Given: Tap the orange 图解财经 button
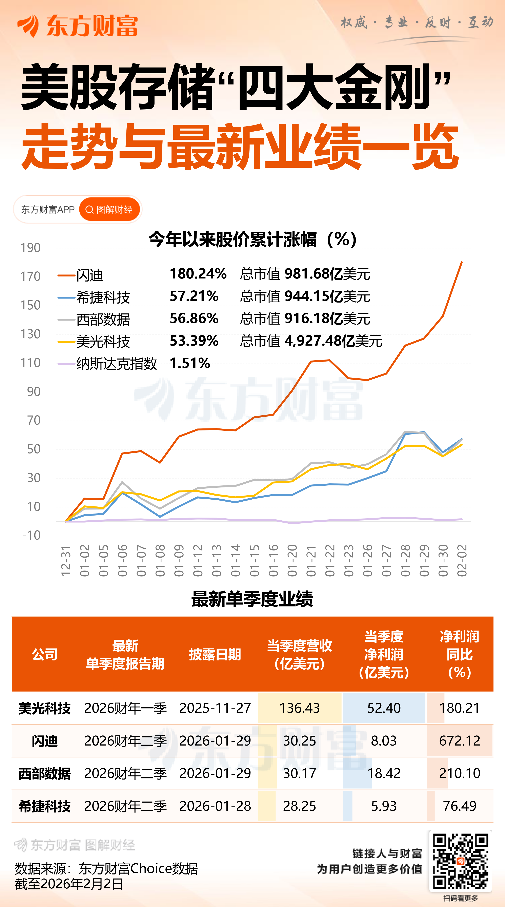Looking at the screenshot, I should [x=109, y=210].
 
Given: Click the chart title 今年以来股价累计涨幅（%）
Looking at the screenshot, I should [x=253, y=240].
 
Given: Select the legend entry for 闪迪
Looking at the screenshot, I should [x=89, y=275].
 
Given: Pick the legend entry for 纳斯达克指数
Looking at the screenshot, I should [x=116, y=363].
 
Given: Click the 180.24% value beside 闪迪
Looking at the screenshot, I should [x=198, y=274].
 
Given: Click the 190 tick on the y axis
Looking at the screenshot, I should [x=31, y=248].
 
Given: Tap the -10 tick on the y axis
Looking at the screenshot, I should [x=31, y=535].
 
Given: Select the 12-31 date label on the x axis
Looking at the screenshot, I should [x=66, y=561].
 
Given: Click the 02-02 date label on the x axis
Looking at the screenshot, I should [x=462, y=561].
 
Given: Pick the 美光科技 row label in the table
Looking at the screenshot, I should [x=45, y=708].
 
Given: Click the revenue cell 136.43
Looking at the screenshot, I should [x=300, y=708].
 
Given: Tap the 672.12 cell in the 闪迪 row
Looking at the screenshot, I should [x=459, y=741].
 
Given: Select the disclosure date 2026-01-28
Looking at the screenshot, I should [x=215, y=806].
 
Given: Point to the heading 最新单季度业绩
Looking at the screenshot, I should [x=252, y=599].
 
